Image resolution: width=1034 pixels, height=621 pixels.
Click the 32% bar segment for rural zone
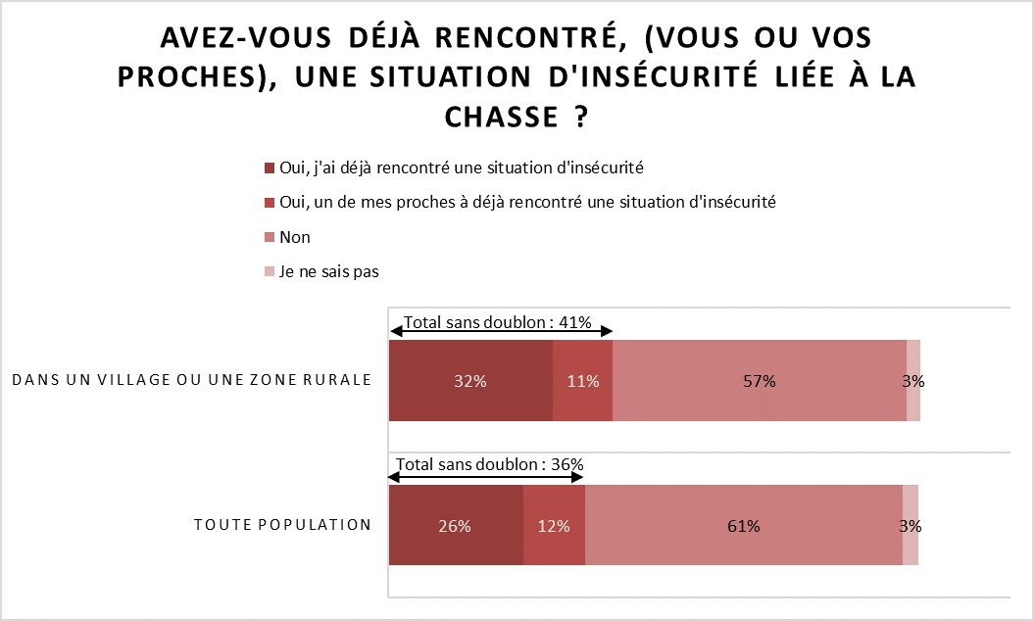pyautogui.click(x=470, y=381)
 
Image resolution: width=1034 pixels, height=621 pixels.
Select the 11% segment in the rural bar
pyautogui.click(x=582, y=381)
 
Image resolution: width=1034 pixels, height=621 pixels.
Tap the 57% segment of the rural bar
pyautogui.click(x=759, y=381)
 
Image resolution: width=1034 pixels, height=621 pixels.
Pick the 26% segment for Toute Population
pyautogui.click(x=456, y=525)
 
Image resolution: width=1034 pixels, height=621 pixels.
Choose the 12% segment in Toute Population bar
pyautogui.click(x=554, y=525)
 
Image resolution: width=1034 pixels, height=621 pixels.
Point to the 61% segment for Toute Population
pyautogui.click(x=743, y=525)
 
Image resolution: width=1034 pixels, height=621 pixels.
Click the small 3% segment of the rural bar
pyautogui.click(x=913, y=381)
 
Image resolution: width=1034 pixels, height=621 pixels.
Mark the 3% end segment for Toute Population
pyautogui.click(x=911, y=525)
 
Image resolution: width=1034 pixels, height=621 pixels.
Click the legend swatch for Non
pyautogui.click(x=271, y=238)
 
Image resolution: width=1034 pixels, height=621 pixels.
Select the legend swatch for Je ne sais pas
pyautogui.click(x=271, y=272)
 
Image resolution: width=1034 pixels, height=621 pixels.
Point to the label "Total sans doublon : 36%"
pyautogui.click(x=490, y=464)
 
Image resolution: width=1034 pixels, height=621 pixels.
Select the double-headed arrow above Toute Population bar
pyautogui.click(x=486, y=477)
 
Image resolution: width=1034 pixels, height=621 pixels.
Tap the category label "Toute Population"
pyautogui.click(x=282, y=524)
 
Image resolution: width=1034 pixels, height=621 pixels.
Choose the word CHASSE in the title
pyautogui.click(x=494, y=117)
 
